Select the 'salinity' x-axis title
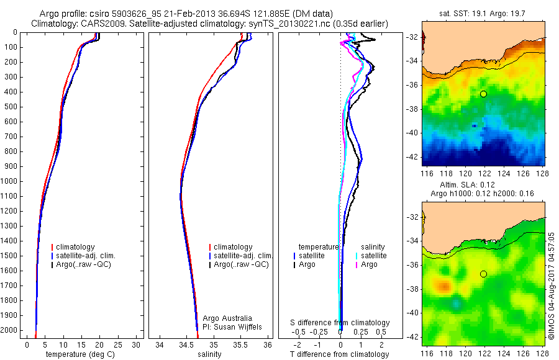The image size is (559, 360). pyautogui.click(x=209, y=354)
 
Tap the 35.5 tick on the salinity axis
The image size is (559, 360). pyautogui.click(x=240, y=344)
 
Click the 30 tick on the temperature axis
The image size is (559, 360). pyautogui.click(x=135, y=344)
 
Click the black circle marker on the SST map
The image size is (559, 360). pyautogui.click(x=483, y=94)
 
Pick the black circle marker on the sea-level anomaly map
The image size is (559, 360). pyautogui.click(x=483, y=274)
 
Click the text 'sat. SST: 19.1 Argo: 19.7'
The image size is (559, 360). pyautogui.click(x=484, y=13)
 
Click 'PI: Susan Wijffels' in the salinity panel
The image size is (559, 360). pyautogui.click(x=233, y=326)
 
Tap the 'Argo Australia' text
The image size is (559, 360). pyautogui.click(x=228, y=318)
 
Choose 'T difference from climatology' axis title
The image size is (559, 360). pyautogui.click(x=340, y=354)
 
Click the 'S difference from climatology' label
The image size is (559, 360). pyautogui.click(x=340, y=323)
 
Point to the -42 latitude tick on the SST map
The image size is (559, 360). pyautogui.click(x=414, y=156)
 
